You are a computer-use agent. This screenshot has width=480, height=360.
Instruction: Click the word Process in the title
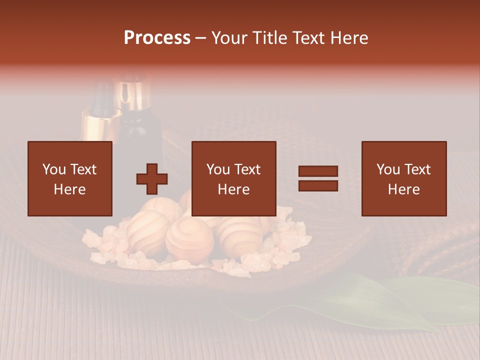point(157,38)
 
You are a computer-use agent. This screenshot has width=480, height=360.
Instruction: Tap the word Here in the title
point(348,38)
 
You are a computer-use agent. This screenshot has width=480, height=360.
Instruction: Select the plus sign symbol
point(152,179)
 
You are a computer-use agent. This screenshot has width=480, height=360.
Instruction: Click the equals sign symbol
point(318,178)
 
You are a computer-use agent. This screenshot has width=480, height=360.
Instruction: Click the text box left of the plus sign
point(70,179)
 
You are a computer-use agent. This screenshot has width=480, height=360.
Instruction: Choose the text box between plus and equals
point(234,179)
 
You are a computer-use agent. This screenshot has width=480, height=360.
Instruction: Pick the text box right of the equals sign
point(404,179)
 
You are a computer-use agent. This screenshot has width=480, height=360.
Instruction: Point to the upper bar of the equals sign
point(318,171)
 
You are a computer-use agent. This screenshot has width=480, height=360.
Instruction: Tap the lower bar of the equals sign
point(318,186)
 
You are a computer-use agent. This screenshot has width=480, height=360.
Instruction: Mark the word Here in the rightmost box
point(404,189)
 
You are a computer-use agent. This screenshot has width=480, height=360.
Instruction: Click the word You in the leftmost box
point(53,169)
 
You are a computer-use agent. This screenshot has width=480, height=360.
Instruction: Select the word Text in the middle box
point(247,169)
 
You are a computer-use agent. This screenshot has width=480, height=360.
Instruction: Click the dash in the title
point(201,38)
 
